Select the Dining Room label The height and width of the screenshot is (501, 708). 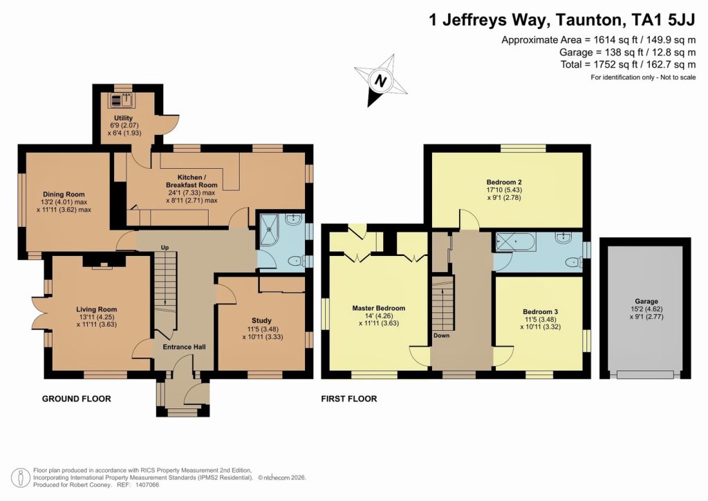tap(64, 194)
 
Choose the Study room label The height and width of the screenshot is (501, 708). tap(261, 320)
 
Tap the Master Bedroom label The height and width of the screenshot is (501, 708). tap(378, 308)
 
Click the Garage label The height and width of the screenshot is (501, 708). tap(646, 301)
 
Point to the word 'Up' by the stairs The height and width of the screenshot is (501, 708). tap(165, 247)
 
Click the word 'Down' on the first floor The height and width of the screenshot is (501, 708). tap(441, 335)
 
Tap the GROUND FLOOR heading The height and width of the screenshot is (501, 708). tap(76, 399)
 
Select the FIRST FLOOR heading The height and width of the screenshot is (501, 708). tap(348, 399)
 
